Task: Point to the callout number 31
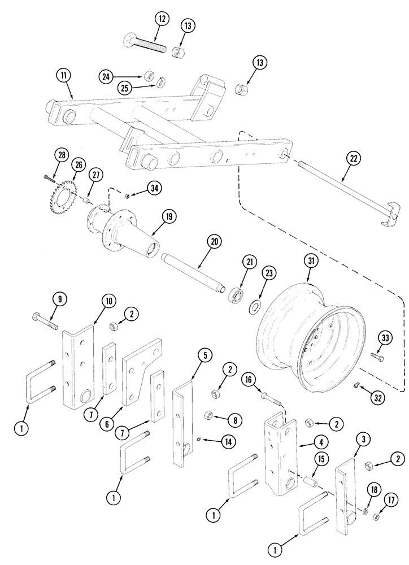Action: [x=310, y=260]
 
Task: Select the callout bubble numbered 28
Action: [x=62, y=155]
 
